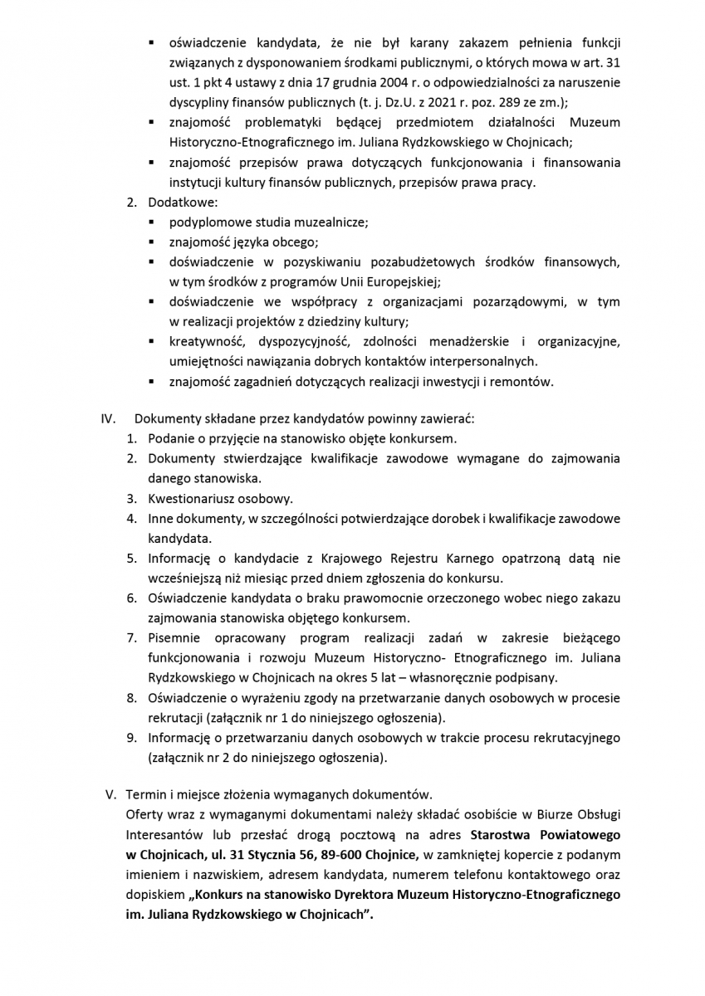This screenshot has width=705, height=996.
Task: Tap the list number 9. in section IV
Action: pyautogui.click(x=131, y=738)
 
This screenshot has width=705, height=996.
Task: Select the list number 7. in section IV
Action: pyautogui.click(x=131, y=637)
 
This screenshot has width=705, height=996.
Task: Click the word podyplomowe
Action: pyautogui.click(x=206, y=222)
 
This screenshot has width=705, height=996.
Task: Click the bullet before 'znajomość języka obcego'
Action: pyautogui.click(x=152, y=242)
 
